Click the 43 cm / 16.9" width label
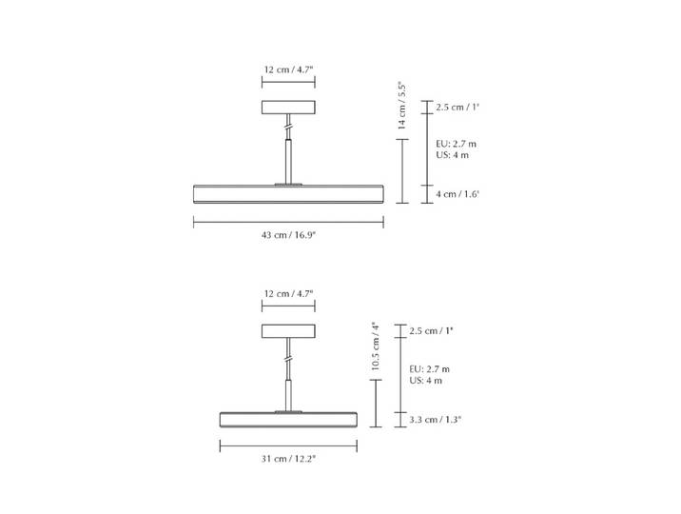pyautogui.click(x=288, y=235)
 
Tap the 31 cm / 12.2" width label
pyautogui.click(x=288, y=459)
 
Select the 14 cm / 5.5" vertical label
pyautogui.click(x=402, y=107)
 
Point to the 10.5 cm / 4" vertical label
pyautogui.click(x=376, y=346)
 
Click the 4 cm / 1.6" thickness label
pyautogui.click(x=457, y=194)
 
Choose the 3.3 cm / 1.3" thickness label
pyautogui.click(x=436, y=420)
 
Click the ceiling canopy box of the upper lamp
pyautogui.click(x=288, y=108)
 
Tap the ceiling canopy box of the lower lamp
pyautogui.click(x=288, y=331)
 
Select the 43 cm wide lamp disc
pyautogui.click(x=288, y=194)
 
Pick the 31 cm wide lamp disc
pyautogui.click(x=288, y=419)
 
